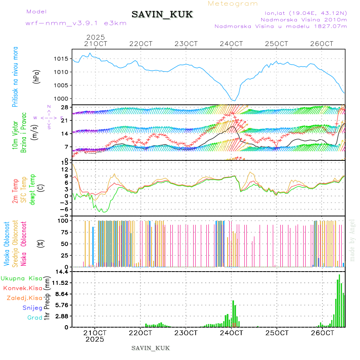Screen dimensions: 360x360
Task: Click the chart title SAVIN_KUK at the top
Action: [162, 15]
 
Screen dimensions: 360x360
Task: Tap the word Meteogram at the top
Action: [233, 4]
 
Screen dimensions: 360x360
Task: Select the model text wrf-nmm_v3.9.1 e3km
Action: [76, 23]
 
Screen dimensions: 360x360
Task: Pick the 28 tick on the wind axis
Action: [64, 107]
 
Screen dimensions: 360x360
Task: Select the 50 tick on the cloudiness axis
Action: [64, 244]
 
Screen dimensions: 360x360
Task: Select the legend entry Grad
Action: [34, 318]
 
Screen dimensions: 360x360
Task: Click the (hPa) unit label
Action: [36, 76]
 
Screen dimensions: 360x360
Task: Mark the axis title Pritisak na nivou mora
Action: [15, 76]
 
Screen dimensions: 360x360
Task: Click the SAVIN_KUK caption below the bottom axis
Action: [151, 348]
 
